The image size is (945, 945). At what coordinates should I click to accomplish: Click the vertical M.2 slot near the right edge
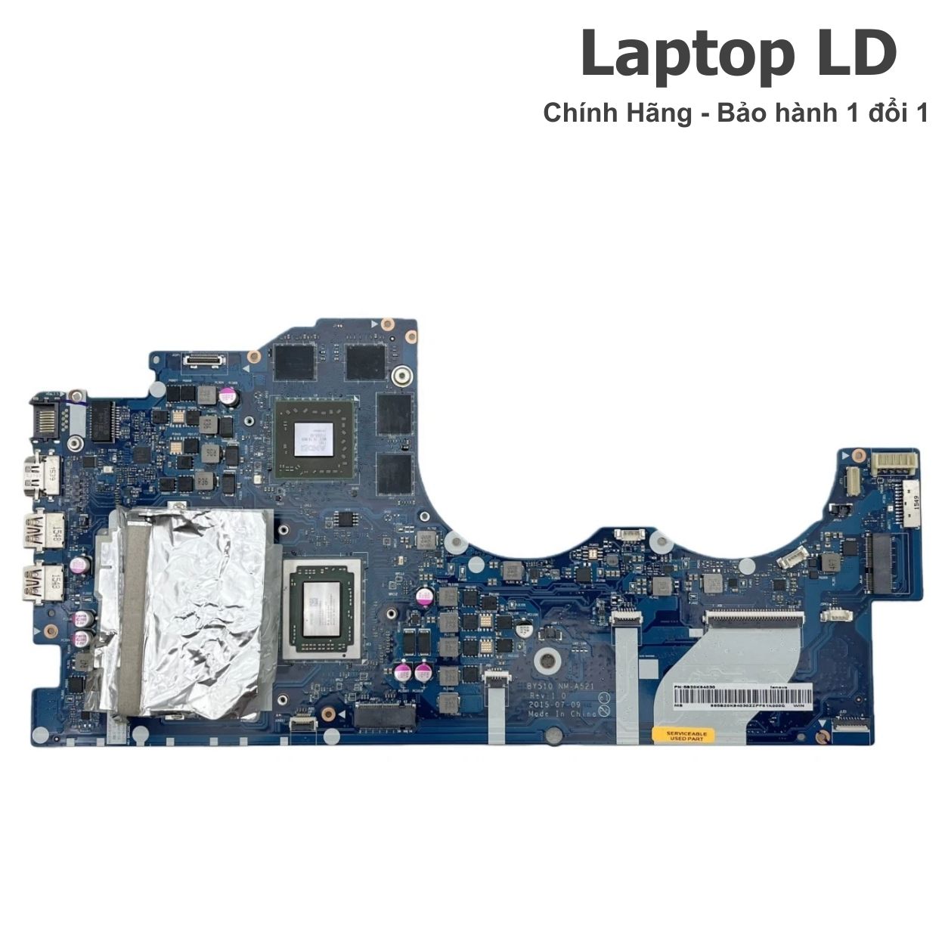tap(880, 562)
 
